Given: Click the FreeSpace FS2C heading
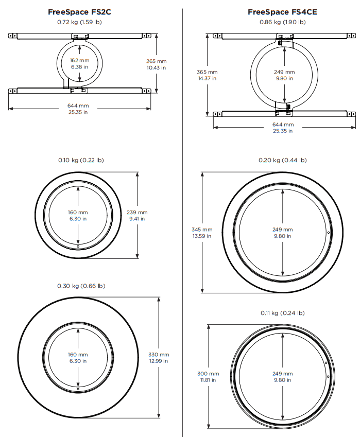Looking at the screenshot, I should tap(80, 12).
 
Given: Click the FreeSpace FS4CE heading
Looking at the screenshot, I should tap(282, 12).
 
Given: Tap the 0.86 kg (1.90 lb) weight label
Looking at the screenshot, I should tap(282, 23).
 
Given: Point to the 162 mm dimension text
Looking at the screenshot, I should tap(80, 60).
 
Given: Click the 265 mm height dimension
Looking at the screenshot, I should tap(156, 60).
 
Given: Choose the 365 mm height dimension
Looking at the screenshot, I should tap(207, 72).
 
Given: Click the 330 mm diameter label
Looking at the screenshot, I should tap(159, 355).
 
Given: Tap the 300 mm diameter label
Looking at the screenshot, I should tap(208, 373).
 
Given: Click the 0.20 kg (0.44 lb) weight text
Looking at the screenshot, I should tap(282, 160).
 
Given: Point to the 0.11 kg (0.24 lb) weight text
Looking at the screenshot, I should tap(282, 313).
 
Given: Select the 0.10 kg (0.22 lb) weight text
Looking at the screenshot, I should tap(81, 160).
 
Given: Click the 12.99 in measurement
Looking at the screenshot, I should tap(159, 361).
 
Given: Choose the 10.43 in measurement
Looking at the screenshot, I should tap(156, 67).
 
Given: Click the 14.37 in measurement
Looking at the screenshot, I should tap(207, 78).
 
